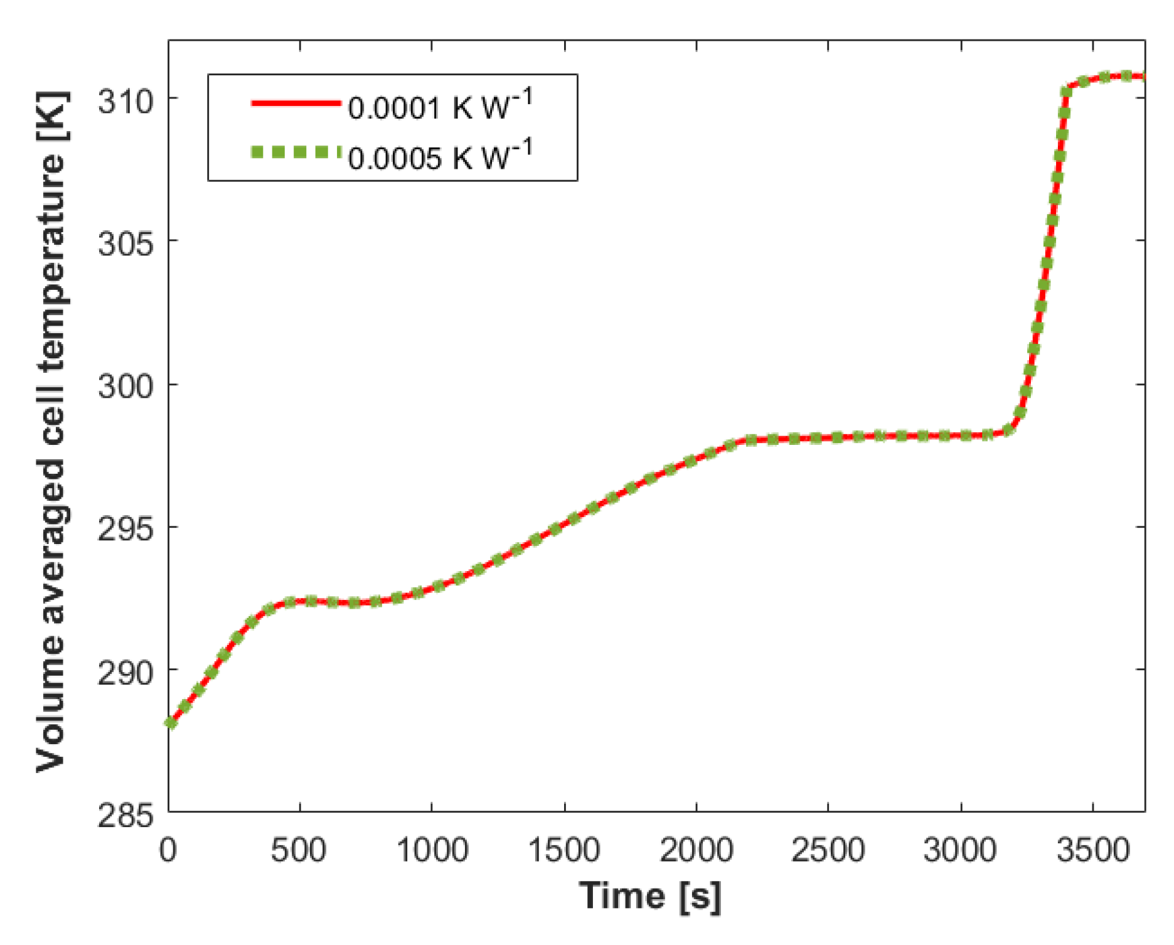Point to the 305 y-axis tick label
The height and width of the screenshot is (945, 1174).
point(125,243)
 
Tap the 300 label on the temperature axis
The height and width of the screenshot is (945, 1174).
point(125,386)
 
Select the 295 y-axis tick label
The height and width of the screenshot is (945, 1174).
point(125,529)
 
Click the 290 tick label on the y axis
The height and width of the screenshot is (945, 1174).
point(125,672)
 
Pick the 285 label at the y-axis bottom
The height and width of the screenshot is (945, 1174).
point(125,815)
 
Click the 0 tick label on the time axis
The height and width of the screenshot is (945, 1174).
point(168,850)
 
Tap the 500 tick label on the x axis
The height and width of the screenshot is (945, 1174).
point(299,850)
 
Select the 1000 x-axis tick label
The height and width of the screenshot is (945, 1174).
point(432,850)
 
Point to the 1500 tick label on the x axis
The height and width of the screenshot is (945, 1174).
point(564,850)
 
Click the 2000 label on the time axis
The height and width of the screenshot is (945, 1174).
point(696,850)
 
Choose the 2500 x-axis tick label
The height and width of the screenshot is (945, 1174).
point(828,850)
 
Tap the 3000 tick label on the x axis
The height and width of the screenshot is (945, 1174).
point(961,850)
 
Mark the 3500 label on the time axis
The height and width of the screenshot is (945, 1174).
point(1093,850)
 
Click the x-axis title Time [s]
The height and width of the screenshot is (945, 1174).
point(650,896)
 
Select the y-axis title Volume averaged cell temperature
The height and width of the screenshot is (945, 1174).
point(51,432)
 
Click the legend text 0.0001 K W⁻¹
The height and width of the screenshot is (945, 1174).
point(439,105)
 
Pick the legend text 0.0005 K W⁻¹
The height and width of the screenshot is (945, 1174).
point(439,156)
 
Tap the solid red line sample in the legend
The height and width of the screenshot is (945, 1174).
point(295,103)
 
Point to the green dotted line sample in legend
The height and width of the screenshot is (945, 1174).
point(295,152)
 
